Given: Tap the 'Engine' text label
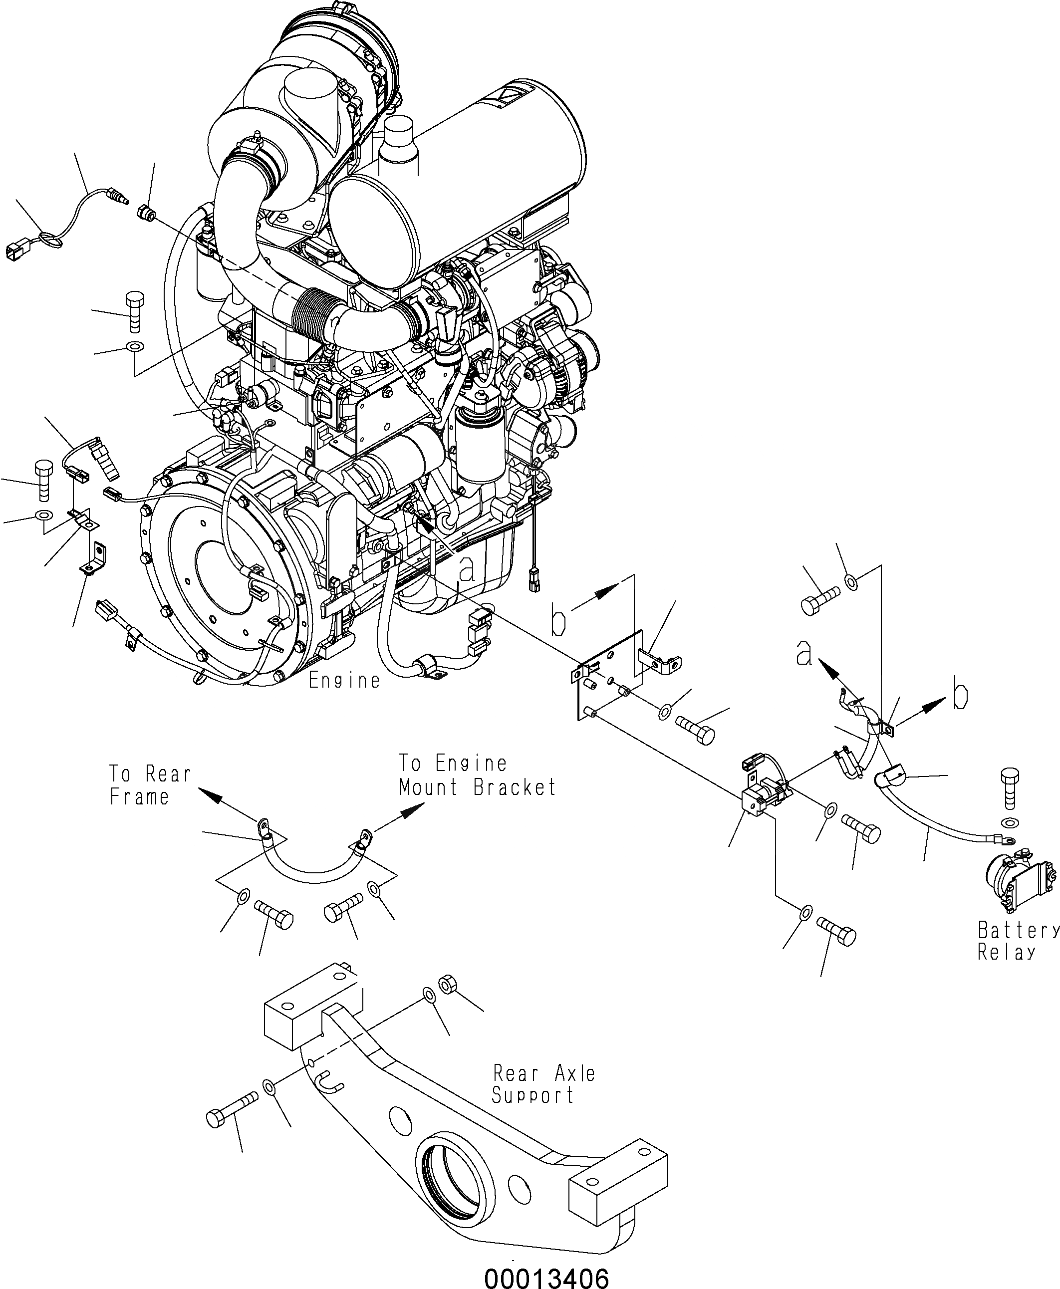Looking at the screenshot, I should [344, 680].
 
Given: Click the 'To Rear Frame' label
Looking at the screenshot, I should [150, 785].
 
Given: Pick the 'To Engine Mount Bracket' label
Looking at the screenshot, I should [478, 775].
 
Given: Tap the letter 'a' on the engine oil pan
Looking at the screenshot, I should [467, 568].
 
